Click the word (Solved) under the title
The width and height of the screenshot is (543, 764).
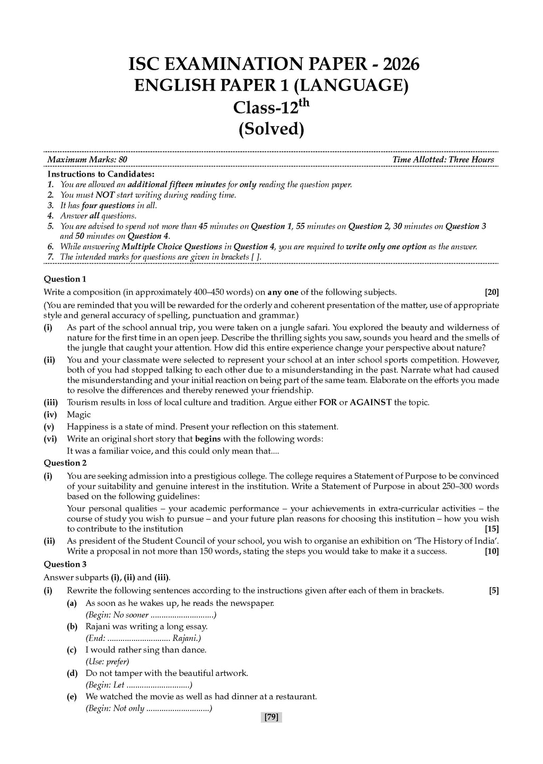click(x=271, y=129)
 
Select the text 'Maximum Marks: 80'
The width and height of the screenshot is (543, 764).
click(x=87, y=160)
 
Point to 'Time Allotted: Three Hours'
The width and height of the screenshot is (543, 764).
click(x=443, y=160)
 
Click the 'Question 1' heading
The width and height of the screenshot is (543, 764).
click(x=65, y=279)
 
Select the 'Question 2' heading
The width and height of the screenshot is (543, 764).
click(x=65, y=463)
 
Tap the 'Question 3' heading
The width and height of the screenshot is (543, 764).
click(x=65, y=565)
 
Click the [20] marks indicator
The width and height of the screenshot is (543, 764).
click(x=492, y=292)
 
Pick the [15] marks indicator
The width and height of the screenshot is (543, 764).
click(x=492, y=529)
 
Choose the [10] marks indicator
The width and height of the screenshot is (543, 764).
click(x=492, y=551)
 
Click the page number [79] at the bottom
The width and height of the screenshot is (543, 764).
click(x=271, y=717)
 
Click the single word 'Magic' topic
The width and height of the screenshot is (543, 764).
click(x=78, y=415)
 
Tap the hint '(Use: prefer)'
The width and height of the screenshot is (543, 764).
click(x=107, y=662)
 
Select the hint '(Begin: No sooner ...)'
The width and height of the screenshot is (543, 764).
click(x=151, y=615)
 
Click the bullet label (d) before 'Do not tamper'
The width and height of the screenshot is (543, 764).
click(x=72, y=673)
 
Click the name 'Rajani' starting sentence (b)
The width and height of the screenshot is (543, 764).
click(x=98, y=627)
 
